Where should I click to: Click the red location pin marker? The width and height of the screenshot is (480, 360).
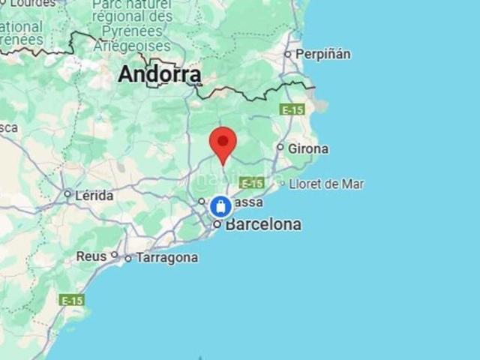pyautogui.click(x=223, y=142)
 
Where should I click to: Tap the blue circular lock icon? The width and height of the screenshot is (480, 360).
pyautogui.click(x=220, y=206)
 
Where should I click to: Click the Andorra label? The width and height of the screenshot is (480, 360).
pyautogui.click(x=160, y=74)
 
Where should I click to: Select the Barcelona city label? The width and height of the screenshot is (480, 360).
pyautogui.click(x=263, y=224)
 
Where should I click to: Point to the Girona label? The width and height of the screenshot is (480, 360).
pyautogui.click(x=307, y=148)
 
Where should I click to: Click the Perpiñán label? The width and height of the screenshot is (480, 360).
pyautogui.click(x=323, y=54)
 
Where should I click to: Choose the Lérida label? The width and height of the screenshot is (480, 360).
pyautogui.click(x=94, y=196)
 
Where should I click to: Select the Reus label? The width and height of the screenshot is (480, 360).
pyautogui.click(x=91, y=256)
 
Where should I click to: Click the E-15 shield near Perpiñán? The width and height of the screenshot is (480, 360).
pyautogui.click(x=292, y=109)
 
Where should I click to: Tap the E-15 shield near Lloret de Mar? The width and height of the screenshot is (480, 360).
pyautogui.click(x=251, y=183)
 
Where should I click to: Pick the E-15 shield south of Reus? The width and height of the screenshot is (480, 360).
pyautogui.click(x=72, y=300)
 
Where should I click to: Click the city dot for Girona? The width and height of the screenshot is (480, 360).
pyautogui.click(x=280, y=148)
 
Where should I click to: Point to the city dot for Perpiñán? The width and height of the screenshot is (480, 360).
pyautogui.click(x=287, y=54)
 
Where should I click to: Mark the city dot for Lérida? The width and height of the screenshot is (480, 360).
pyautogui.click(x=67, y=195)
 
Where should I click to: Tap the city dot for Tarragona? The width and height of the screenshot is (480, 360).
pyautogui.click(x=128, y=259)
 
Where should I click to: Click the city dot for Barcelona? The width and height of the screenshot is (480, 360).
pyautogui.click(x=217, y=224)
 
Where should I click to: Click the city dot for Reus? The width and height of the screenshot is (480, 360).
pyautogui.click(x=115, y=255)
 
